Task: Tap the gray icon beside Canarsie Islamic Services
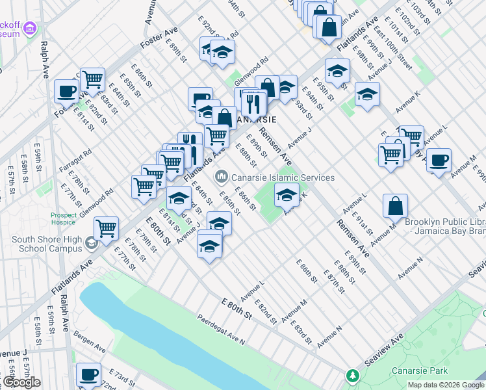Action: tap(222, 176)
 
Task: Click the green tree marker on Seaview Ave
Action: tap(352, 376)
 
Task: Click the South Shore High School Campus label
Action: tap(47, 244)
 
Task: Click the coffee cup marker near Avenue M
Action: tap(439, 160)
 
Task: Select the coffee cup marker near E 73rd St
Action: tap(89, 374)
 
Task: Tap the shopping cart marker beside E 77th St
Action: tap(106, 228)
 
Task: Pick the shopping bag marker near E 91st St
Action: tap(395, 206)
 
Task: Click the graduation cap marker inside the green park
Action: tap(287, 194)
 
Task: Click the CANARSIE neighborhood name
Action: tap(255, 120)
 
